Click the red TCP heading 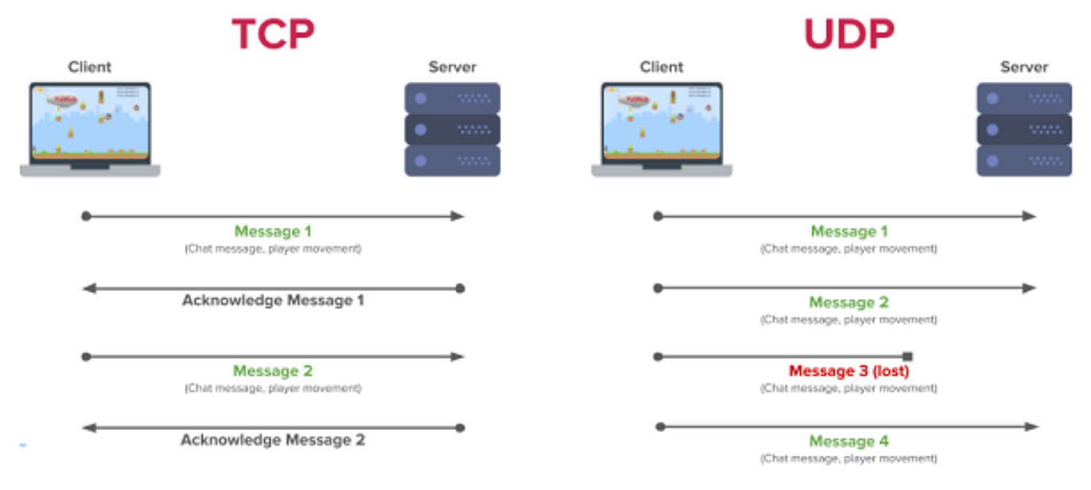tap(273, 34)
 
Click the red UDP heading tap(848, 34)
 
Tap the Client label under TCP tap(90, 67)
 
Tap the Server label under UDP tap(1024, 67)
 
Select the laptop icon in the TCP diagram tap(90, 127)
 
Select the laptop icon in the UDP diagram tap(662, 127)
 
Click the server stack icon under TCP tap(452, 129)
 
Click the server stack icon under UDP tap(1024, 129)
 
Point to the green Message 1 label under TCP tap(273, 231)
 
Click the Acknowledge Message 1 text tap(273, 301)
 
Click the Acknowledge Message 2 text tap(273, 440)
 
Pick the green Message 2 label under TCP tap(273, 371)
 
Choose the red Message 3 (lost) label tap(848, 371)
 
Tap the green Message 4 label tap(848, 441)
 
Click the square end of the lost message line tap(907, 356)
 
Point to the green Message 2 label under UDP tap(848, 302)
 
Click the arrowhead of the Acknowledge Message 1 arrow tap(89, 288)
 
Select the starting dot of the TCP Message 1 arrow tap(86, 216)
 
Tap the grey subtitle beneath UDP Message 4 tap(848, 459)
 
